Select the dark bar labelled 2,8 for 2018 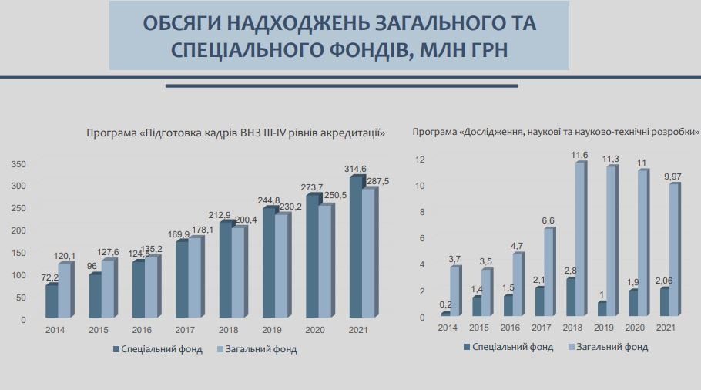(570, 297)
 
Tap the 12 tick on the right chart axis (421, 159)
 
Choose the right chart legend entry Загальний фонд (612, 347)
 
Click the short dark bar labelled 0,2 (445, 314)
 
